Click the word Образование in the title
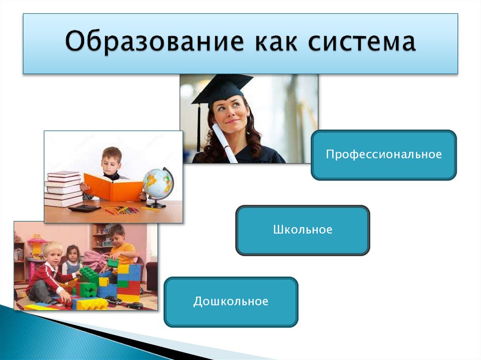[155, 42]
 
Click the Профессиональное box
[383, 155]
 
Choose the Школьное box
[303, 230]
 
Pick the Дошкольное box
[231, 301]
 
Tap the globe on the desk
[158, 184]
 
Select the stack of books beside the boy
[63, 189]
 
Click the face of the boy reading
[112, 162]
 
